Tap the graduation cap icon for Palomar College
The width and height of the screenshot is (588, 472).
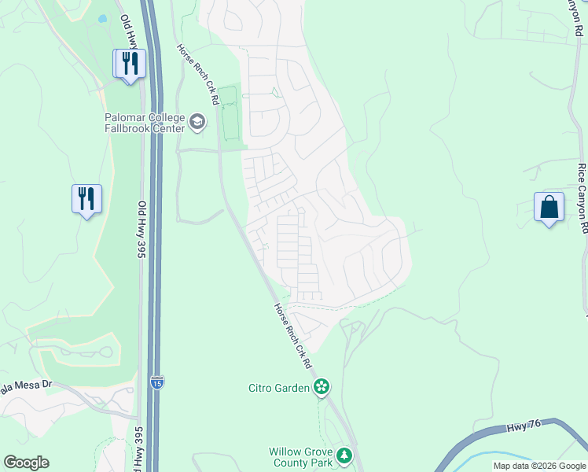pos(197,122)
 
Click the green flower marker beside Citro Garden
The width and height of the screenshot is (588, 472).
pos(321,386)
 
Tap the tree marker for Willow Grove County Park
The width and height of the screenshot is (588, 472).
pos(344,455)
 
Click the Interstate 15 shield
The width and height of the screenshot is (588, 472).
pos(157,383)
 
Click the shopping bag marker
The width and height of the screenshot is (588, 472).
pos(549,208)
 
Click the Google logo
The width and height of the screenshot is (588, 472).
pos(26,463)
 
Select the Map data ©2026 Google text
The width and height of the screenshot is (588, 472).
pos(539,466)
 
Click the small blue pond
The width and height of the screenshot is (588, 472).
pos(103,18)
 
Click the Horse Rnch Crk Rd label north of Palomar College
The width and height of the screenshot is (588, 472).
pos(197,74)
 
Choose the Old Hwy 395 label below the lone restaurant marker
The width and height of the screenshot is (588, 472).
pos(143,228)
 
